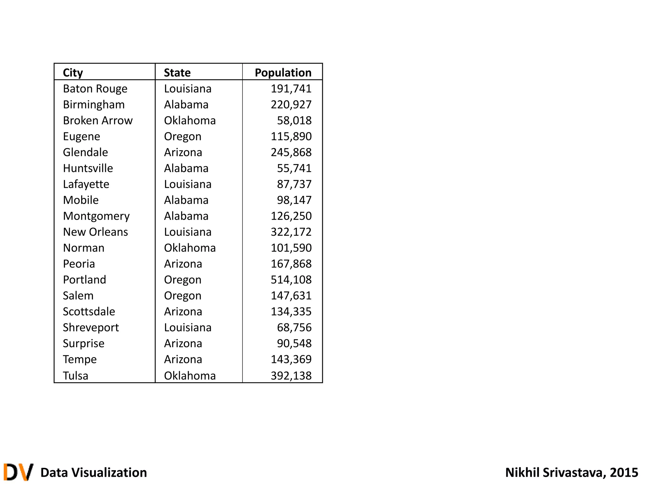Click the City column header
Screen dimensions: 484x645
(73, 73)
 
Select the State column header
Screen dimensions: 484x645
(177, 73)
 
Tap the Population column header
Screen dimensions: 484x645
(283, 73)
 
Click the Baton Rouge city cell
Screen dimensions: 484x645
(95, 89)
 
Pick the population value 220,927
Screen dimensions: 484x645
(291, 105)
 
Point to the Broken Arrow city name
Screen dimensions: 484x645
(98, 121)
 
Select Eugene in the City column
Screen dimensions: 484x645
(82, 136)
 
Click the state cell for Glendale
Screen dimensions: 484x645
(183, 153)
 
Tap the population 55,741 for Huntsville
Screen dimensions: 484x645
(294, 168)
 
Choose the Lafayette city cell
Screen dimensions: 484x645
(86, 184)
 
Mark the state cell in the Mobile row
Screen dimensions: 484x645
(186, 200)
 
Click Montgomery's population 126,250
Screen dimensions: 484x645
(291, 216)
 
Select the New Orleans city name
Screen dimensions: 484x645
(95, 232)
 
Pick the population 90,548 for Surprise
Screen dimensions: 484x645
(294, 343)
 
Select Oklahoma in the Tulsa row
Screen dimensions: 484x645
(190, 376)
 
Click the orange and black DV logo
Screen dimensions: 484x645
(18, 472)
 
